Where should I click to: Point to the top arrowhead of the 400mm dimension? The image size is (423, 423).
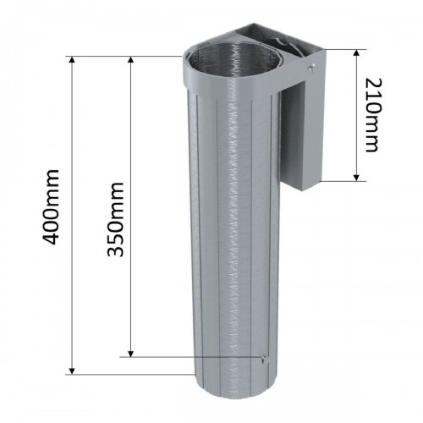(x=72, y=61)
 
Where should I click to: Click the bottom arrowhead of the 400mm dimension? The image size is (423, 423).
(x=72, y=369)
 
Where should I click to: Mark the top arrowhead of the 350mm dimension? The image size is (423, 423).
(x=131, y=61)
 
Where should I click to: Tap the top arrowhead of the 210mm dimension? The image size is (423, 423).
(x=357, y=53)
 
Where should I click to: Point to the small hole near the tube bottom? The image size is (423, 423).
(x=263, y=359)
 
